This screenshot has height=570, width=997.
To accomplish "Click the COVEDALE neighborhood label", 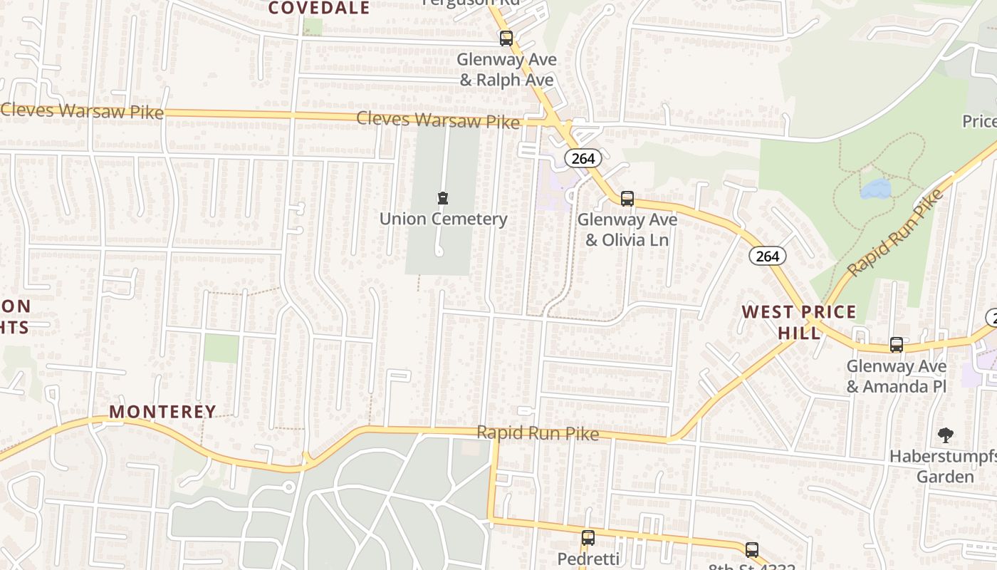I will coord(319,8).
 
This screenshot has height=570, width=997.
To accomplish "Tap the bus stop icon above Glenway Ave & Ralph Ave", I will coord(506,38).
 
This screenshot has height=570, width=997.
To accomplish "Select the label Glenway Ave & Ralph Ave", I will coord(506,69).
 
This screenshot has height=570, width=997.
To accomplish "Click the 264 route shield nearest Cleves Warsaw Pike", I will coord(583,158).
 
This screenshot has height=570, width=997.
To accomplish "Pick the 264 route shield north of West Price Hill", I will coord(767,256).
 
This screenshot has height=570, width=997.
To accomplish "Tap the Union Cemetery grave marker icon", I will coord(443,197).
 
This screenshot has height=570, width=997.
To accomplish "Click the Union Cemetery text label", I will coord(443,219).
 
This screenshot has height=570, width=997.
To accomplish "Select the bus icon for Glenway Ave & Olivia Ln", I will coord(627,199).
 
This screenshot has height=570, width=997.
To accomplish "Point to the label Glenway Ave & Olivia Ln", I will coord(627,229).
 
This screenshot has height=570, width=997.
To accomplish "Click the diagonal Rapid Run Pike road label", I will coord(895,232).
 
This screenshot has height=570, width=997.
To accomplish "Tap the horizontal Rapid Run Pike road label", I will coord(538,432).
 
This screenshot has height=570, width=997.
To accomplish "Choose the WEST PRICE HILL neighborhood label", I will coord(799,321).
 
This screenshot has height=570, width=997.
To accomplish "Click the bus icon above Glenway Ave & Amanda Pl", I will coord(897,345).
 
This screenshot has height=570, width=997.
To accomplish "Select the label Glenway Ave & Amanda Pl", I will coord(896,376).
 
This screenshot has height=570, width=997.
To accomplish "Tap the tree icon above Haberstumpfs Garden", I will coord(945,435).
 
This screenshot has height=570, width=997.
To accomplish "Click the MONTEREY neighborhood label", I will coord(162,411).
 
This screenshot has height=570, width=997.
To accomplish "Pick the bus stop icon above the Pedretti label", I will coord(588,538).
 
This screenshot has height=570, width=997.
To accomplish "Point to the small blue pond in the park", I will coord(875,189).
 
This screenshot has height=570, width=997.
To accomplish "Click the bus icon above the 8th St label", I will coord(751,549).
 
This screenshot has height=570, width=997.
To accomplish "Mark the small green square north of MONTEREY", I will coord(221,348).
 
